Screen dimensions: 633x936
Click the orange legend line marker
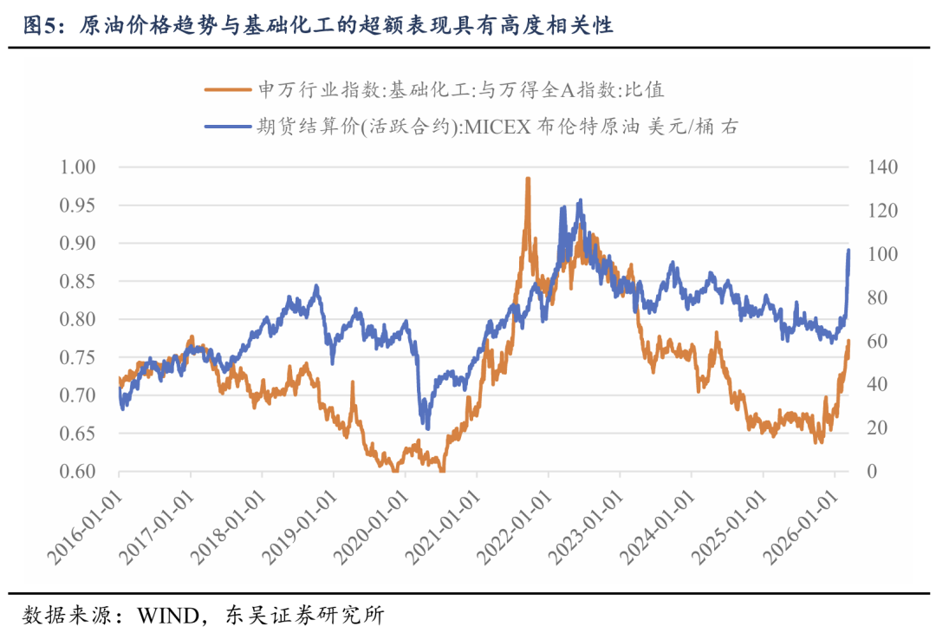(228, 89)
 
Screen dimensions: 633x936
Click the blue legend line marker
(228, 127)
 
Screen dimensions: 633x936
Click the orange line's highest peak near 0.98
(527, 179)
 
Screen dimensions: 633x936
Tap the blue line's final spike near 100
(848, 251)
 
